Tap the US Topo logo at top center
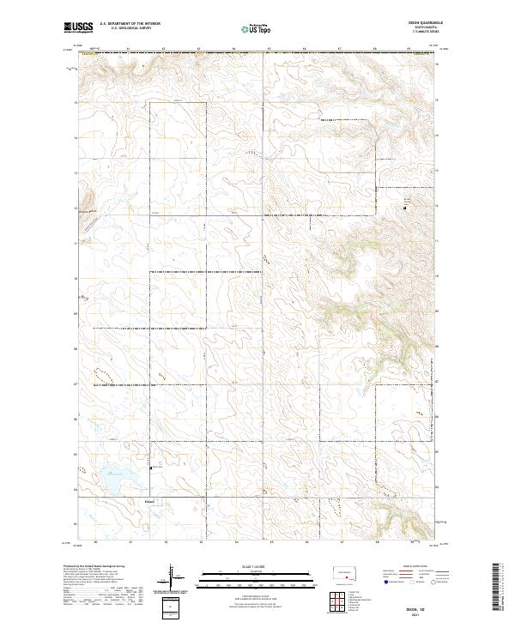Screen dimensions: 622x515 pos(257,28)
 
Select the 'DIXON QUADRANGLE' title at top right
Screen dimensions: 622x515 pos(415,23)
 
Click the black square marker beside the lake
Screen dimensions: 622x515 pos(152,468)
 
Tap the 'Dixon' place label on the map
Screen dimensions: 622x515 pos(150,501)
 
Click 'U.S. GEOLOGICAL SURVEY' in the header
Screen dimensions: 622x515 pos(124,28)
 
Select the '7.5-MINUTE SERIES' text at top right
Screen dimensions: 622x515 pos(415,33)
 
